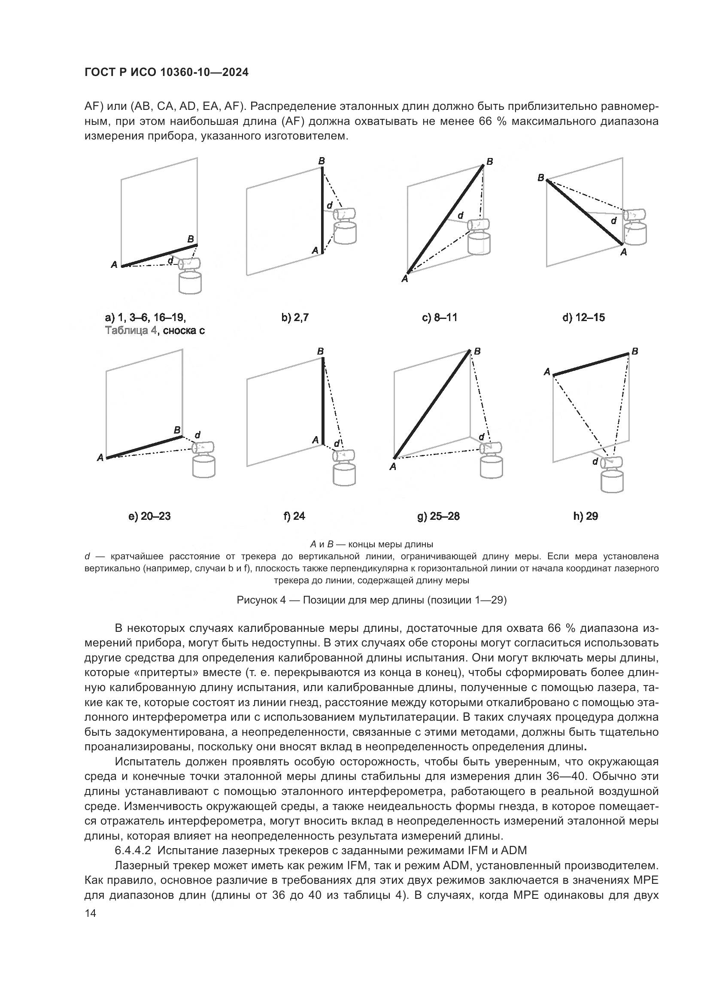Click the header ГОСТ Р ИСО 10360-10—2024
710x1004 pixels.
tap(166, 73)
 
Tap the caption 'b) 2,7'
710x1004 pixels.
tap(295, 318)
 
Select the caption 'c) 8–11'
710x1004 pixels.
tap(440, 318)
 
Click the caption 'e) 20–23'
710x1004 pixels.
tap(149, 516)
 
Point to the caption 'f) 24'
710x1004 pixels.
tap(294, 516)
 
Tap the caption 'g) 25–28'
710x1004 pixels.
tap(439, 516)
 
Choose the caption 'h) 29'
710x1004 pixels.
tap(586, 516)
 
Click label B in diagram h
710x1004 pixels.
tap(635, 351)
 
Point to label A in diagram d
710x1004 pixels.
tap(623, 252)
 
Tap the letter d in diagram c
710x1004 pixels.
tap(460, 215)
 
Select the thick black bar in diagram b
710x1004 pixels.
tap(322, 210)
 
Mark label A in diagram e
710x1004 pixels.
tap(100, 458)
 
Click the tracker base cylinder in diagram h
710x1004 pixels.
tap(612, 481)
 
